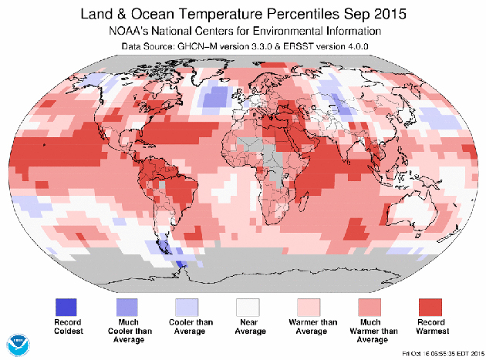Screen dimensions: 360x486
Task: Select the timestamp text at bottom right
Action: (x=445, y=354)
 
